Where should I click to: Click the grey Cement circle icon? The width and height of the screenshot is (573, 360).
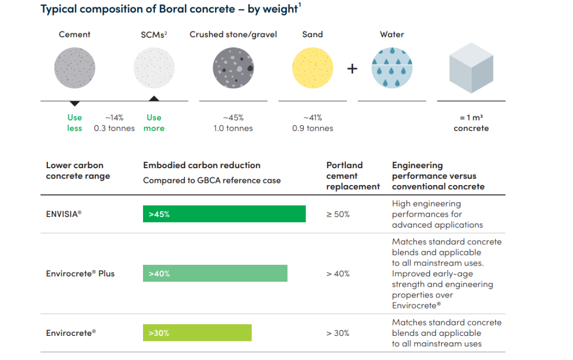(75, 67)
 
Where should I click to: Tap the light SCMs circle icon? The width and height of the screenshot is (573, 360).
(154, 67)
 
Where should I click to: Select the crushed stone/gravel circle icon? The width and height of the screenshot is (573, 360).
(233, 67)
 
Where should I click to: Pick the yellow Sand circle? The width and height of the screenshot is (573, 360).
(312, 67)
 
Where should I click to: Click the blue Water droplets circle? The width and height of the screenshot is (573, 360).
(392, 67)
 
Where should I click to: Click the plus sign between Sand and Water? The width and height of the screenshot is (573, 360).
(352, 68)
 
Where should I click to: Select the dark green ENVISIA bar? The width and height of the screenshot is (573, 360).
(224, 214)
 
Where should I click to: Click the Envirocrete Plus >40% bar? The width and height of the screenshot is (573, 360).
(215, 273)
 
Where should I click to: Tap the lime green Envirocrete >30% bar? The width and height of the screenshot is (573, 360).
(197, 333)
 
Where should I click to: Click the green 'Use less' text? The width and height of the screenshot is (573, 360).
(75, 123)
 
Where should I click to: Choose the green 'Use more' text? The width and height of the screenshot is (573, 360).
(154, 123)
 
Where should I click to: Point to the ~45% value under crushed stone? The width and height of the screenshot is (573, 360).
(233, 118)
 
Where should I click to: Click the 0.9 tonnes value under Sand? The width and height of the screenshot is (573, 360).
(312, 128)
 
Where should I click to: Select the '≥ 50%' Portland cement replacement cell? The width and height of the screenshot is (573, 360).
(338, 214)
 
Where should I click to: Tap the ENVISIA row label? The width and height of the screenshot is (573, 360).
(64, 214)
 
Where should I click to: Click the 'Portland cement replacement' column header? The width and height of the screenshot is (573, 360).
(353, 176)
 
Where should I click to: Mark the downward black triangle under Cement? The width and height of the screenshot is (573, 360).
(75, 104)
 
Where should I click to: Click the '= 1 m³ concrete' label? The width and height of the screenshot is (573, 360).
(471, 123)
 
